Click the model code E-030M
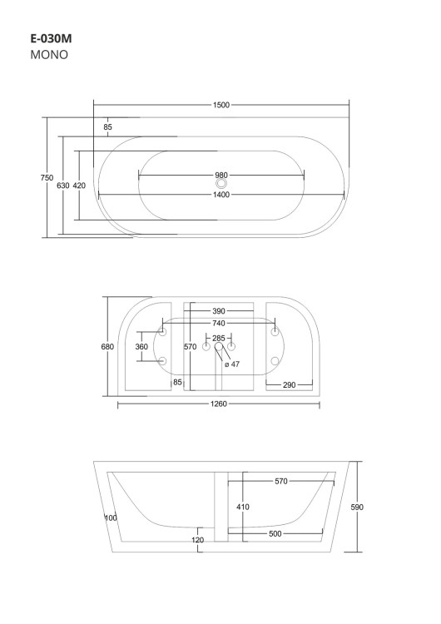(x=51, y=38)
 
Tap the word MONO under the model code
(x=49, y=55)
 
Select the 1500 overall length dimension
(x=220, y=105)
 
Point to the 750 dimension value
(x=47, y=178)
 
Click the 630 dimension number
(x=63, y=186)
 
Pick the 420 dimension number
(x=79, y=186)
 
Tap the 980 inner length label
(x=220, y=175)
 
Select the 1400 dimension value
(x=220, y=195)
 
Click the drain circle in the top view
(x=220, y=184)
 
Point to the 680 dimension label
(x=107, y=347)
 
